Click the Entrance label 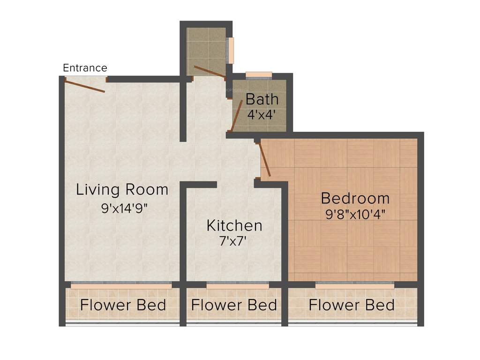coord(85,68)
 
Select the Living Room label coord(122,190)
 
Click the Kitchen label coord(234,225)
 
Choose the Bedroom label coord(355,198)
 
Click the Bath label coord(262,99)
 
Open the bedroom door coord(265,160)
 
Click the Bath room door coord(237,115)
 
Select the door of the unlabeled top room coord(210,71)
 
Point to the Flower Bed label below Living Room coord(123,305)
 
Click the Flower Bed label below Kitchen coord(234,305)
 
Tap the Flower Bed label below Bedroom coord(351,305)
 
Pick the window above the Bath coord(259,75)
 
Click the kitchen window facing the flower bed coord(238,285)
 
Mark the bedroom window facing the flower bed coord(354,284)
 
